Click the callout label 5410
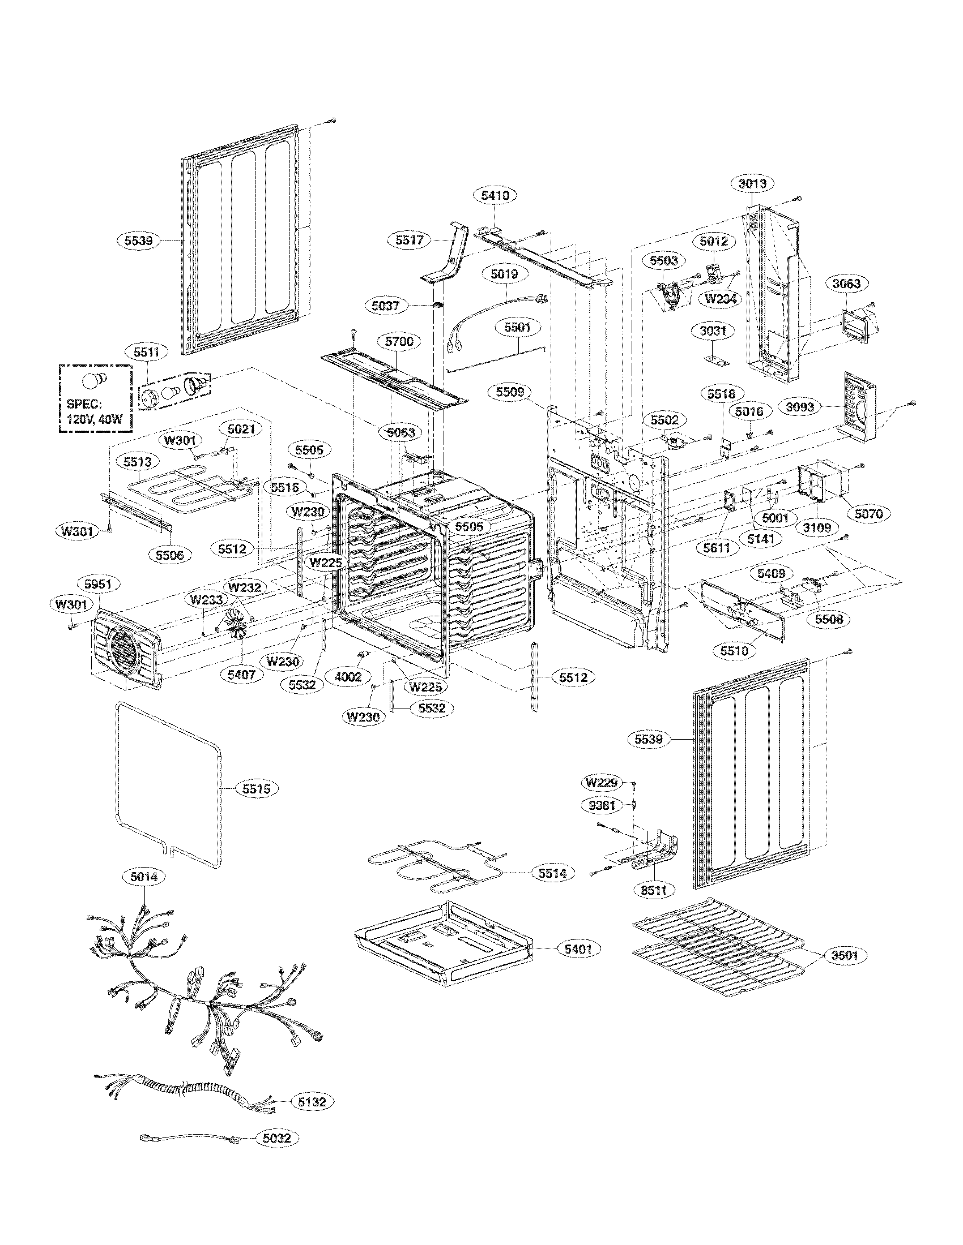point(495,195)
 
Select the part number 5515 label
point(256,789)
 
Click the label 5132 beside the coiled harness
point(311,1102)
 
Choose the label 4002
point(347,676)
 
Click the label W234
point(721,298)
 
